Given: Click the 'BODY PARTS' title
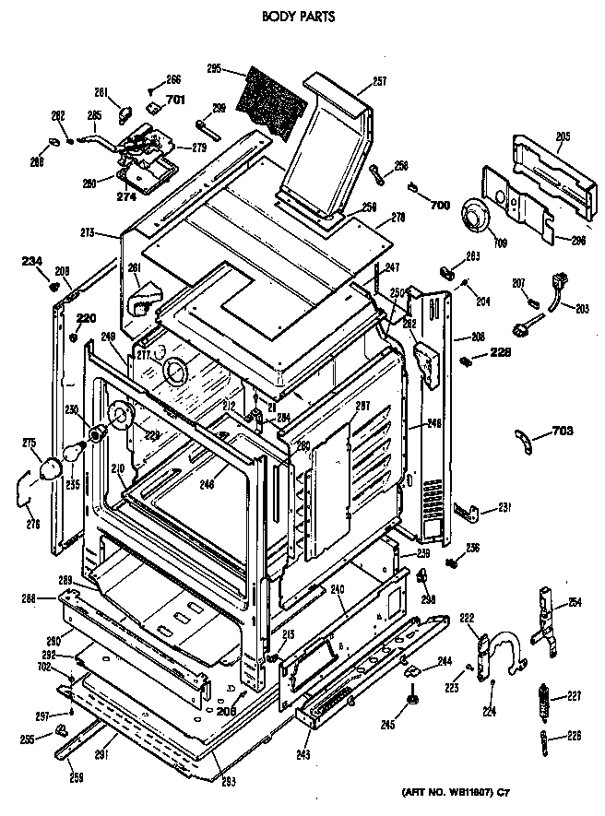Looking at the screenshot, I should click(x=297, y=16).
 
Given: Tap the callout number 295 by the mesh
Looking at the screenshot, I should click(x=214, y=68).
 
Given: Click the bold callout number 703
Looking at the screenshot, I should click(x=563, y=431).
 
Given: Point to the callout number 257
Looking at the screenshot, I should click(x=378, y=81).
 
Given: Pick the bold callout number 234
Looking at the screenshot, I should click(x=32, y=261).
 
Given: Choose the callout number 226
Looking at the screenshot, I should click(x=575, y=735).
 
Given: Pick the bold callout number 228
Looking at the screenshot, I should click(x=500, y=350).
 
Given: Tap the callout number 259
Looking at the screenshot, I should click(x=76, y=777).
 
